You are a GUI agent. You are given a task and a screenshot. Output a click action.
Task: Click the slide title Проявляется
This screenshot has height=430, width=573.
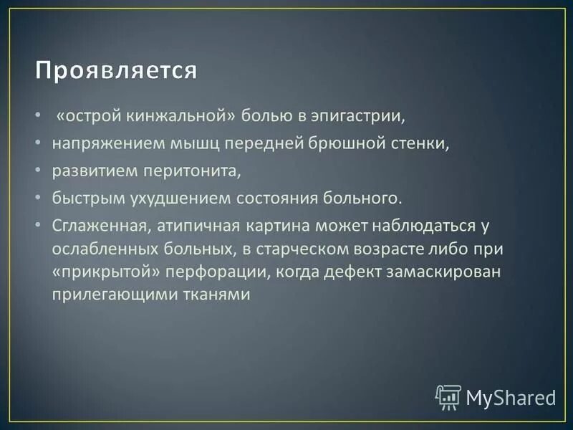pos(117,72)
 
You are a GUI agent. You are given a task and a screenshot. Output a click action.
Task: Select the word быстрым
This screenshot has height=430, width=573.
pos(82,197)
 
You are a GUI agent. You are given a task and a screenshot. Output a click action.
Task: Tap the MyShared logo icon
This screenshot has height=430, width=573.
pos(448,396)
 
